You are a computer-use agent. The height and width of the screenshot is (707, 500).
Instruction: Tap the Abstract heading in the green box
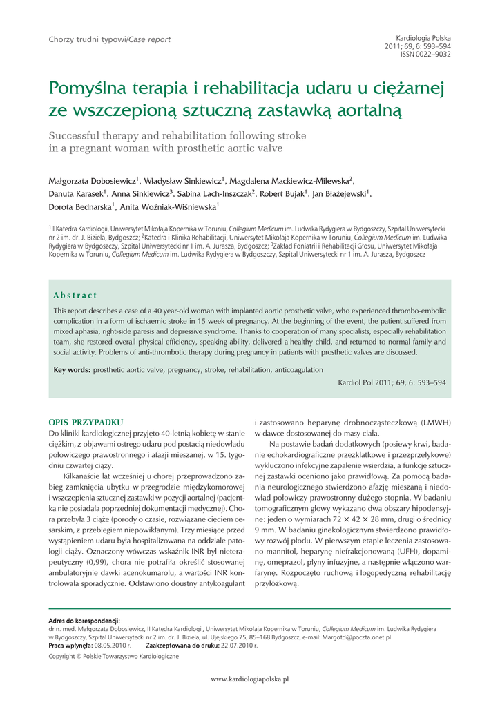(75, 296)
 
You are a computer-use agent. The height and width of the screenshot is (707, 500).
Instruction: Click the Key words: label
(72, 370)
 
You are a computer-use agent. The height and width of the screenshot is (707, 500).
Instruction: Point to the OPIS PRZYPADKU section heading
(86, 421)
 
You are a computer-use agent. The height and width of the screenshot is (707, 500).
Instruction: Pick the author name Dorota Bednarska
(80, 206)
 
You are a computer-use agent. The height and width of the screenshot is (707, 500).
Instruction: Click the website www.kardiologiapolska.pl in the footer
(249, 679)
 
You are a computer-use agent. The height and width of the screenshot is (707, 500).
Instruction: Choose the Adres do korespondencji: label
(84, 621)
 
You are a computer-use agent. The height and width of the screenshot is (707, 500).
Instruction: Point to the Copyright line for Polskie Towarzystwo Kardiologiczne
(113, 657)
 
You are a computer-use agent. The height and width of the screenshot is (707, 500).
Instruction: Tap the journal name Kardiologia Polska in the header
(423, 37)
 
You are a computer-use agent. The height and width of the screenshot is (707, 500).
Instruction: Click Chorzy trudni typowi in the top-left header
(86, 39)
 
